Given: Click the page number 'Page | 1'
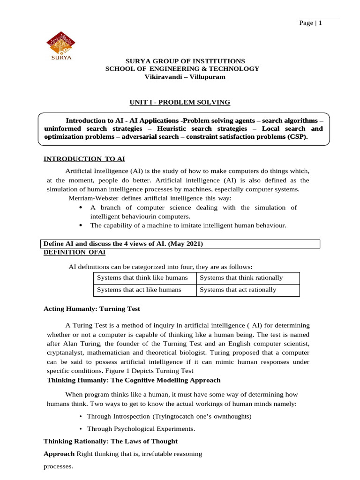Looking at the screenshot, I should (x=310, y=23).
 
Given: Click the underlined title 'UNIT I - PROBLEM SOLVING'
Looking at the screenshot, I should (x=180, y=102).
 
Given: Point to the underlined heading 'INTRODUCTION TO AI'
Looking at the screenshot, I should (x=84, y=159).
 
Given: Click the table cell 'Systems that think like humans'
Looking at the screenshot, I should (x=142, y=277).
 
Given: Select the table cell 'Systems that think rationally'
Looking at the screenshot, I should (x=241, y=277).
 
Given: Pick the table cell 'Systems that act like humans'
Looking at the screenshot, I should (x=139, y=290).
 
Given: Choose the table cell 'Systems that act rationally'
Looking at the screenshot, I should (x=238, y=290).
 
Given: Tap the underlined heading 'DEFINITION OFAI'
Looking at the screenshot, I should (x=74, y=252).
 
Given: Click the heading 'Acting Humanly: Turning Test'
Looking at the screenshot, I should (x=91, y=309).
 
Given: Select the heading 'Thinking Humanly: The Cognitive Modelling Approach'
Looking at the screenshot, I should (x=134, y=380).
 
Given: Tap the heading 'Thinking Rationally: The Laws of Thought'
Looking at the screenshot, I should (x=111, y=441).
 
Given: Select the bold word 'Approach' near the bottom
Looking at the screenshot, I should (x=59, y=454).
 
